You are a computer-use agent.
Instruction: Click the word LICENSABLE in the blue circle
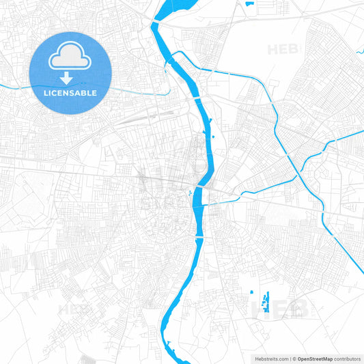(70, 93)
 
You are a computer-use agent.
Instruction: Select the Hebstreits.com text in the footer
(270, 358)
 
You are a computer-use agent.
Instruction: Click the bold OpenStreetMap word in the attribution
(315, 358)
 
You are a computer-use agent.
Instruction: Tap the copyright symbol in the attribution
(294, 358)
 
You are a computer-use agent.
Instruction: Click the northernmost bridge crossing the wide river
(199, 100)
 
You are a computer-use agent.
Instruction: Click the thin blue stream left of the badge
(14, 87)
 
